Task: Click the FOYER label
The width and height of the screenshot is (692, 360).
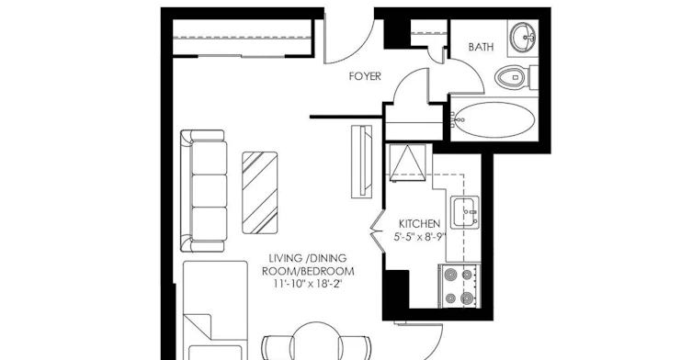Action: click(365, 76)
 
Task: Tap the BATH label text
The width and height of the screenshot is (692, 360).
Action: click(481, 47)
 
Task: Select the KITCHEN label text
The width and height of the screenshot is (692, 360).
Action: click(419, 224)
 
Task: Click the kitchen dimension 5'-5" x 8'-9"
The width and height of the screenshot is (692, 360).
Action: click(420, 237)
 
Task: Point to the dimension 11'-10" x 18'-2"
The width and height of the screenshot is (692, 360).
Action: click(308, 284)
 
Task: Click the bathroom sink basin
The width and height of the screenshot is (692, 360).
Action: click(523, 36)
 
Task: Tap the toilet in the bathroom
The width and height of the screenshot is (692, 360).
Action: click(516, 78)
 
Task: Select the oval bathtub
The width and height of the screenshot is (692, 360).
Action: click(494, 119)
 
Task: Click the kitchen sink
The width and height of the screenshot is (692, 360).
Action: click(465, 213)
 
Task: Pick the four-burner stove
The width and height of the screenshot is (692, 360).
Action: click(459, 286)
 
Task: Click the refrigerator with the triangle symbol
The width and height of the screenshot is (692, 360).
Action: click(408, 163)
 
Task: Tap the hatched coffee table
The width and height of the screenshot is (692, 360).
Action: click(260, 193)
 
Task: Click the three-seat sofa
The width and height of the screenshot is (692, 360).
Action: click(203, 191)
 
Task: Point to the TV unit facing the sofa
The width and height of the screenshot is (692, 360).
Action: click(362, 162)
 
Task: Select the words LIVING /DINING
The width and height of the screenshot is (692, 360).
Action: click(308, 258)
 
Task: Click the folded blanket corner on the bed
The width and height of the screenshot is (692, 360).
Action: click(198, 326)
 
